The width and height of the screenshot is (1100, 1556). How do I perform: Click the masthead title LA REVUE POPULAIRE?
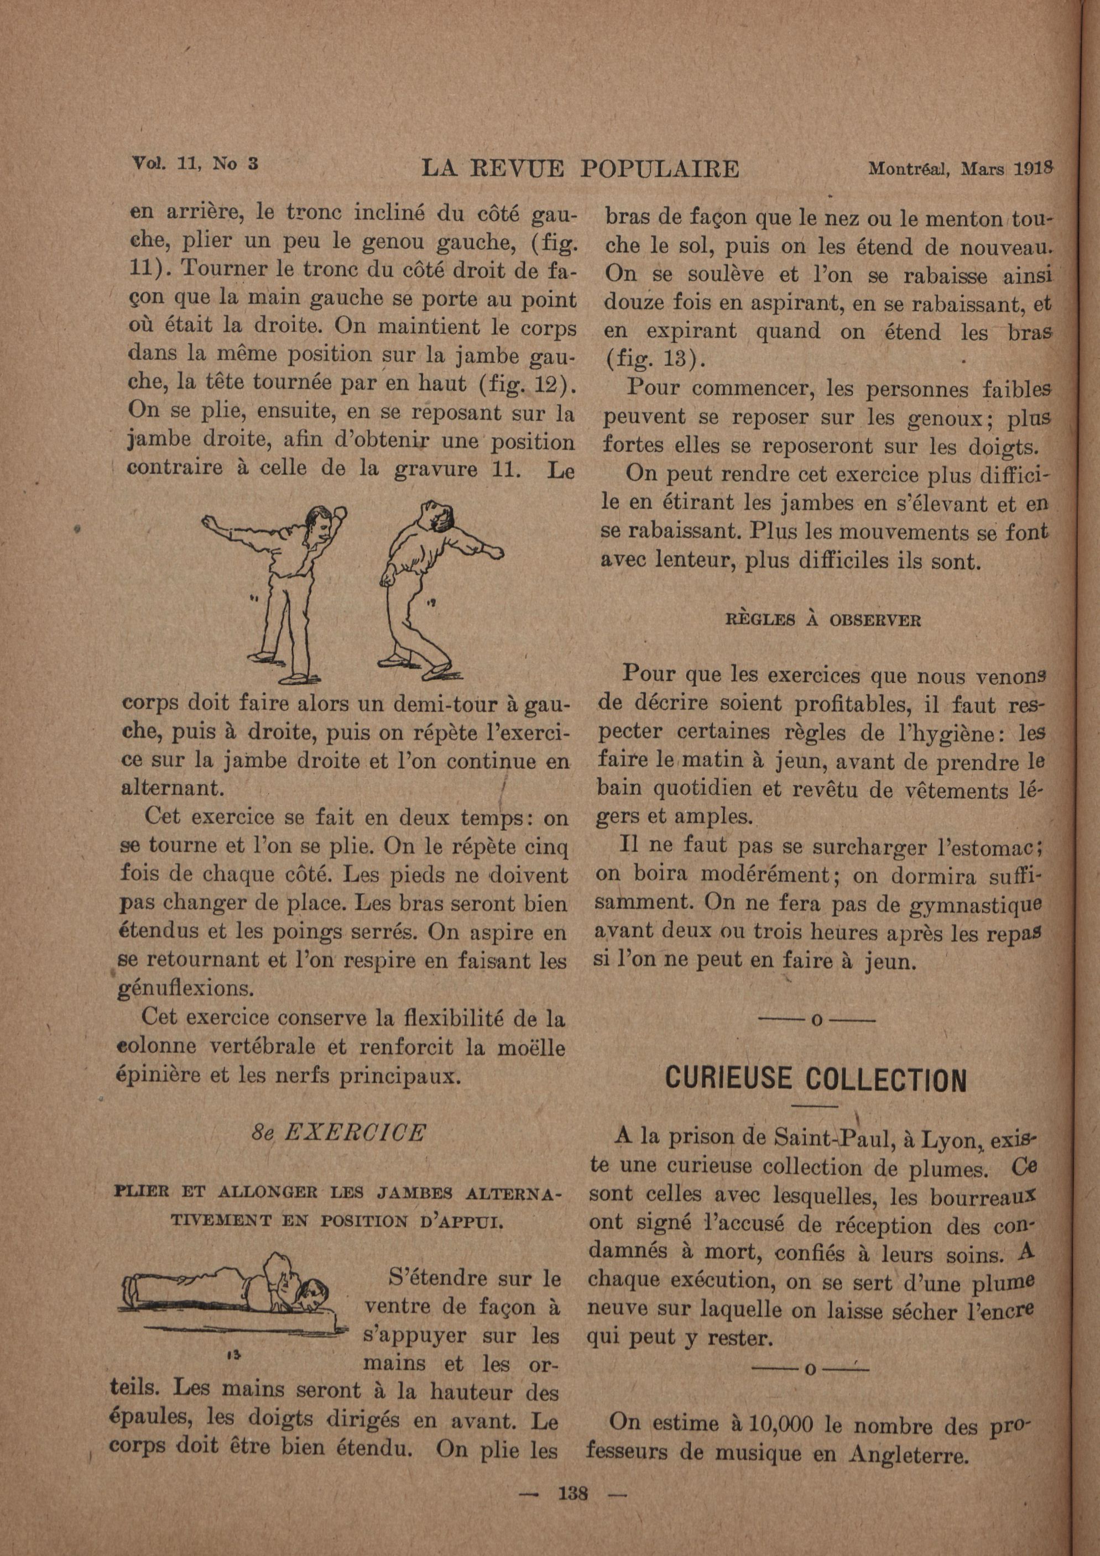pyautogui.click(x=580, y=168)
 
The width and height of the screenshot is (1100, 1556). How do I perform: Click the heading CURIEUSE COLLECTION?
pyautogui.click(x=815, y=1079)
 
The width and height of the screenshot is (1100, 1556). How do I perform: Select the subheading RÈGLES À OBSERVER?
pyautogui.click(x=823, y=620)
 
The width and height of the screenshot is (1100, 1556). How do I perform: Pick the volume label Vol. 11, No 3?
pyautogui.click(x=196, y=163)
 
